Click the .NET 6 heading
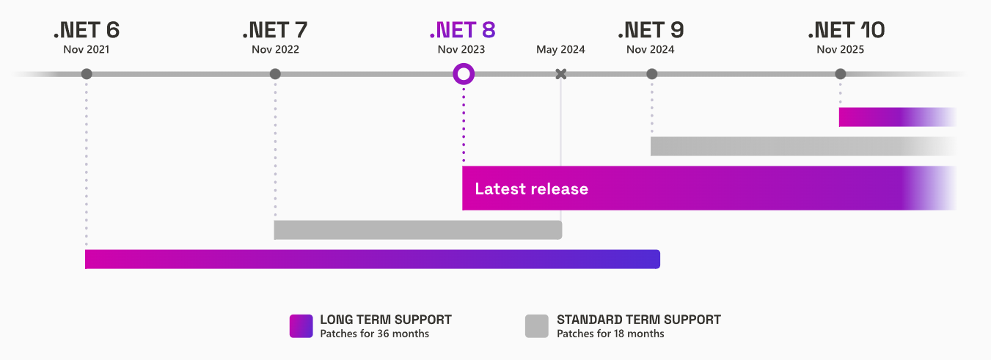click(x=86, y=30)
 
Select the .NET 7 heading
click(x=274, y=30)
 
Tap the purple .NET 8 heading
click(x=462, y=30)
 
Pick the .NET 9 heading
click(x=651, y=30)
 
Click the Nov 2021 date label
click(x=87, y=50)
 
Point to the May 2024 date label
click(x=560, y=50)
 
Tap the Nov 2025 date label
click(x=841, y=50)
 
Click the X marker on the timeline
click(x=561, y=74)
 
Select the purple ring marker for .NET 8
click(x=464, y=74)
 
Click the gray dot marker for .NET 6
click(x=87, y=74)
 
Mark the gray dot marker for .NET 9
click(x=652, y=74)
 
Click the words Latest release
click(x=531, y=189)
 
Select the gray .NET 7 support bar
click(x=417, y=229)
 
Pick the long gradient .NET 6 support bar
click(x=372, y=260)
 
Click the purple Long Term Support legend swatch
click(x=301, y=326)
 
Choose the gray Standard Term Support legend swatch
click(x=537, y=326)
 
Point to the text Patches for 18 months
click(x=610, y=334)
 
